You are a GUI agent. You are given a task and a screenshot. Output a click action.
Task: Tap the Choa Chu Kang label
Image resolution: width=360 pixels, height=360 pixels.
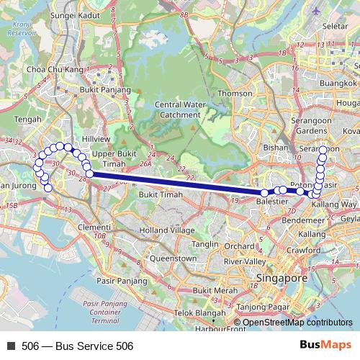(55, 69)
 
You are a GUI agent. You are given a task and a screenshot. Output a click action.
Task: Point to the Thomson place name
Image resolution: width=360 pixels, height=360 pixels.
(235, 93)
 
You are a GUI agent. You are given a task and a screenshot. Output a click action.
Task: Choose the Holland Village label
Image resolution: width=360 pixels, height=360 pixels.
(168, 230)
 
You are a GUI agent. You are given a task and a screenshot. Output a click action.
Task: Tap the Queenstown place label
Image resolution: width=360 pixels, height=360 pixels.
(173, 258)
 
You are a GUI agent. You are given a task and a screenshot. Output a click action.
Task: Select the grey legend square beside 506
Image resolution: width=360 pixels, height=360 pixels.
(11, 346)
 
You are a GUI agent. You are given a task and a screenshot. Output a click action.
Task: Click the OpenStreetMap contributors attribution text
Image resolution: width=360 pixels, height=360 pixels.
(297, 323)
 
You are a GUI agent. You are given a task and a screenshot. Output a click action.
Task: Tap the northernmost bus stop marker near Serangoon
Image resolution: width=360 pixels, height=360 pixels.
(323, 150)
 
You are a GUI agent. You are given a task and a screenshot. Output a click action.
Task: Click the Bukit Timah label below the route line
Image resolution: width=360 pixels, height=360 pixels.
(161, 195)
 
